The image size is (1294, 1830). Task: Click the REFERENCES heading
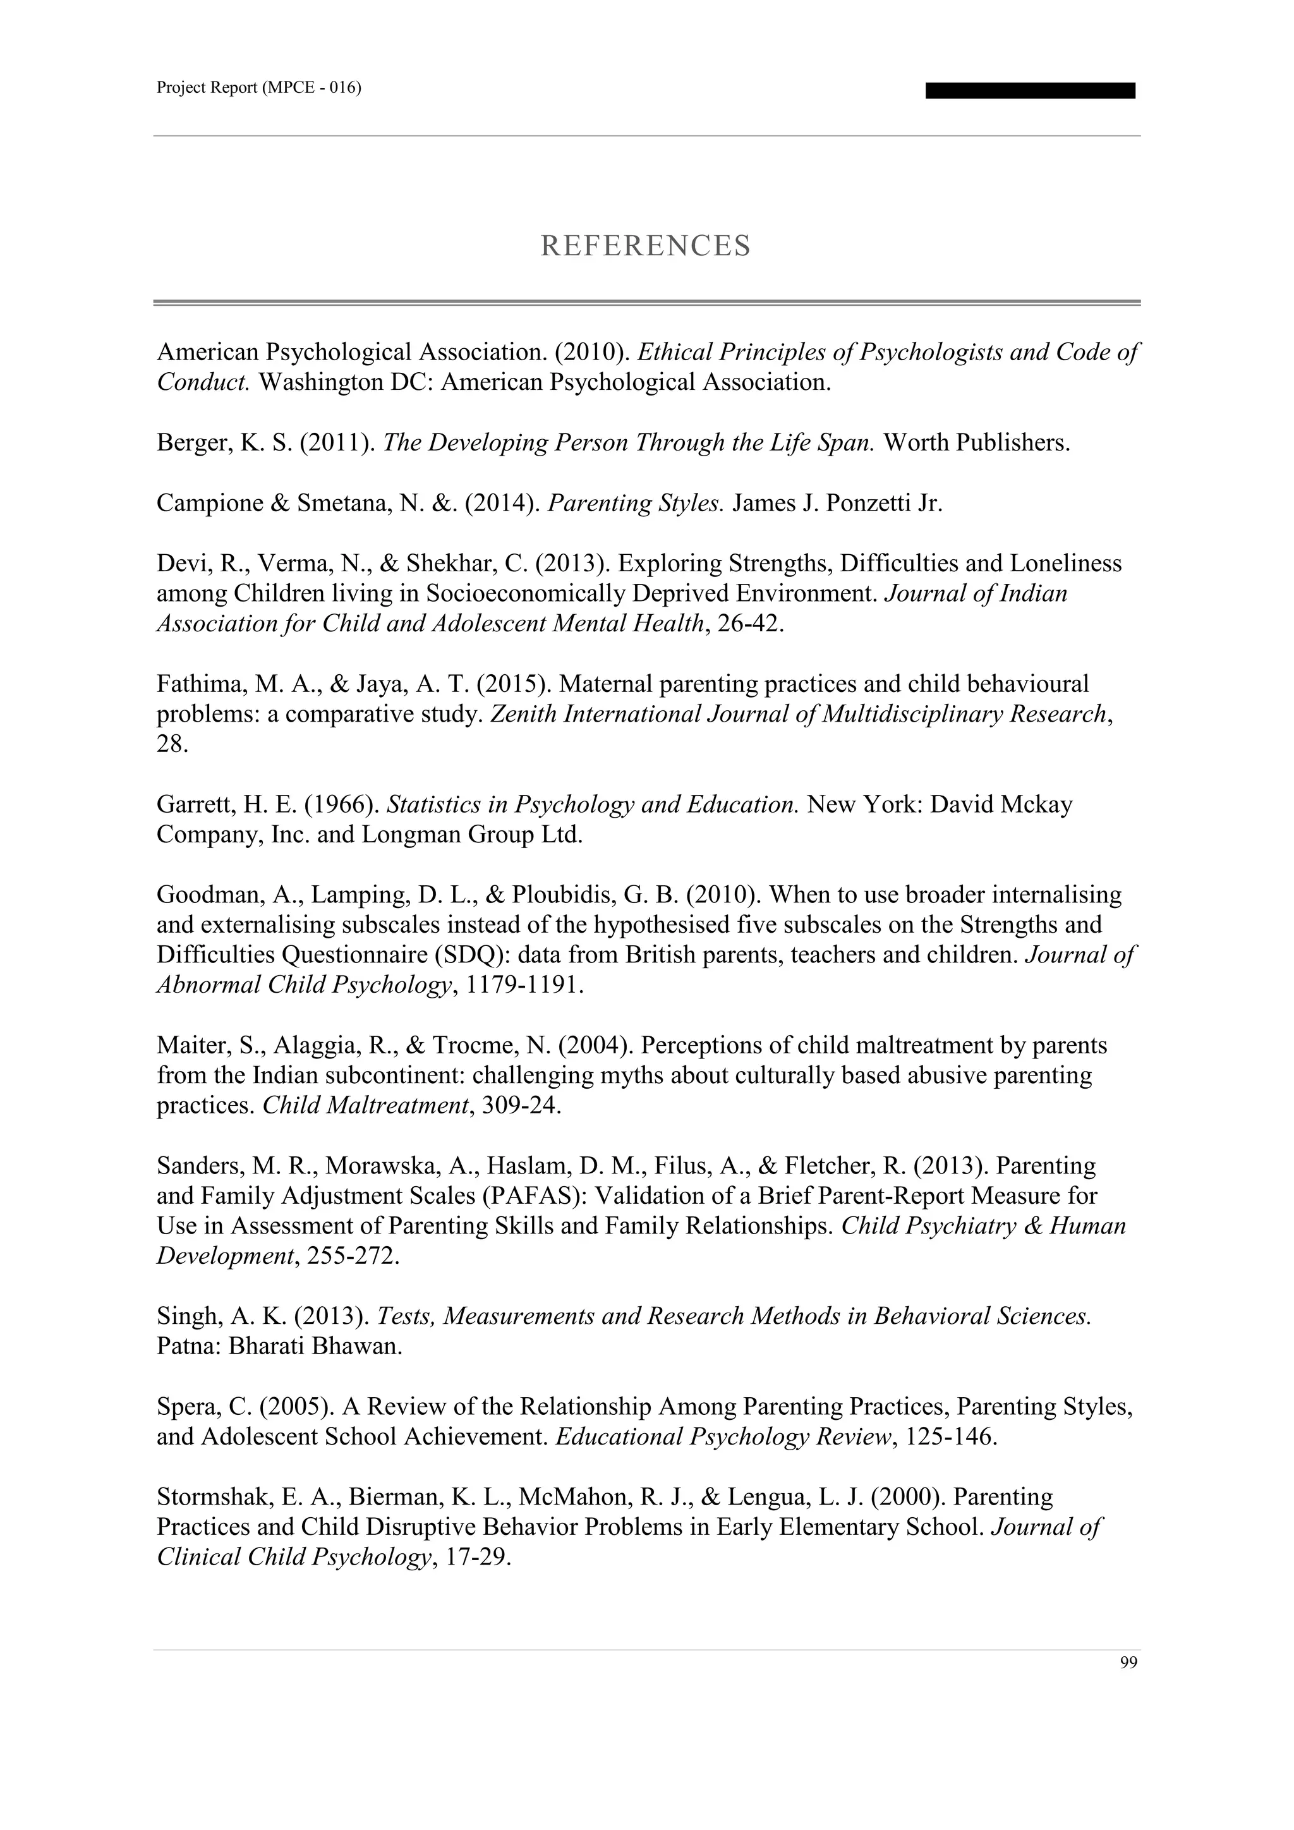click(645, 245)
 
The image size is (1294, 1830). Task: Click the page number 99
click(1128, 1663)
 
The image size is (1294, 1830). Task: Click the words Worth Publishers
click(976, 442)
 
